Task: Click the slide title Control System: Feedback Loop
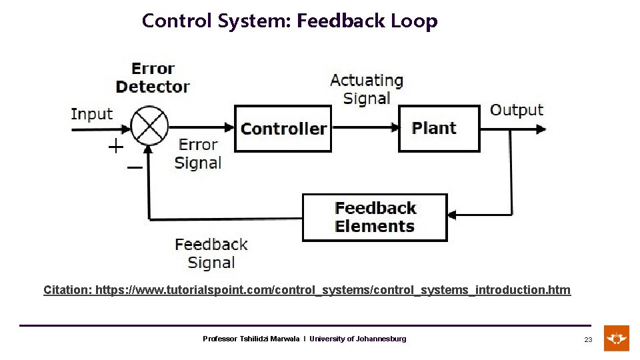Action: point(289,21)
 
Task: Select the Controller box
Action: point(283,129)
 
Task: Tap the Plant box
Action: point(439,128)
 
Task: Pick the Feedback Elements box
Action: point(375,217)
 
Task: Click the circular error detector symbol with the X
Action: point(149,125)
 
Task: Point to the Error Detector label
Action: point(153,77)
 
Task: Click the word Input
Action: point(92,114)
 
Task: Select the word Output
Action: point(517,110)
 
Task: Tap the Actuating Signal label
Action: point(367,89)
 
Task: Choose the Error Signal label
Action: point(198,154)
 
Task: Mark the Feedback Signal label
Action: point(211,253)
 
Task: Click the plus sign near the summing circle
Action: point(116,147)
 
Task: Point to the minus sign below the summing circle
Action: point(134,167)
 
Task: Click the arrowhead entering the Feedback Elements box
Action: point(453,215)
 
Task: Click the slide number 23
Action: point(588,339)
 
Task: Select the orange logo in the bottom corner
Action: point(617,338)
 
